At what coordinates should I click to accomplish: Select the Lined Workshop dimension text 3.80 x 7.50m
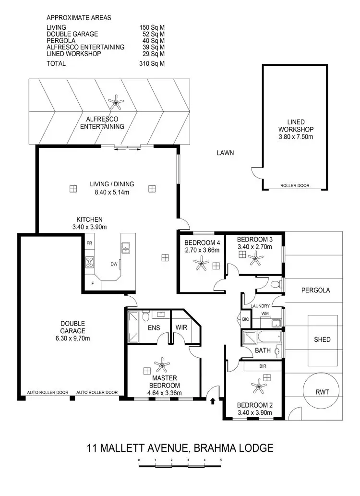[296, 137]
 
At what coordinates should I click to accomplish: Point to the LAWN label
[225, 153]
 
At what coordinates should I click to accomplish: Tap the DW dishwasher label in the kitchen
[114, 264]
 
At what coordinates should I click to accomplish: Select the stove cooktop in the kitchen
[89, 262]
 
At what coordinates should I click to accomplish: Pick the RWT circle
[322, 391]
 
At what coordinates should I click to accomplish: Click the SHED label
[322, 339]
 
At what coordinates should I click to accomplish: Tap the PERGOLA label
[315, 290]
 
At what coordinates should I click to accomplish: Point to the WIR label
[181, 327]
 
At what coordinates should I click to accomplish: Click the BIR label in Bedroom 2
[263, 366]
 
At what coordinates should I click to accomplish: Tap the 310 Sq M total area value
[149, 63]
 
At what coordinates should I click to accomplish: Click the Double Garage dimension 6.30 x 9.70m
[73, 339]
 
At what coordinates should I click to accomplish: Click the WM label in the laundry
[265, 314]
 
